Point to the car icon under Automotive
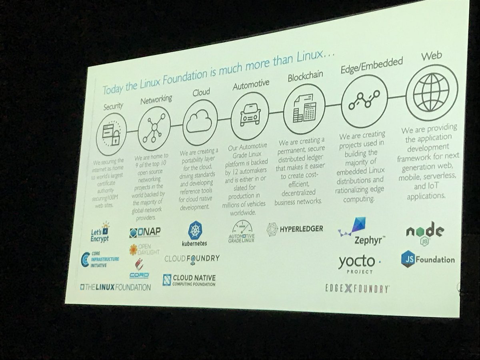coord(248,113)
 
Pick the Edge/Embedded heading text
coord(371,64)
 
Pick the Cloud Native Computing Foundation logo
coord(189,280)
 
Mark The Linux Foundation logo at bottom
coord(115,287)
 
